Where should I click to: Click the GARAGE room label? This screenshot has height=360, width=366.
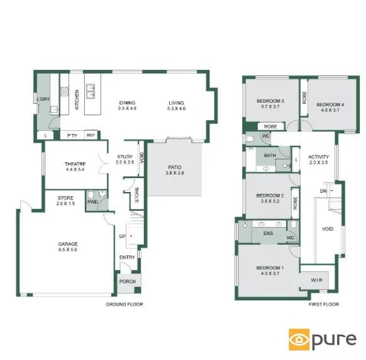[x=67, y=244]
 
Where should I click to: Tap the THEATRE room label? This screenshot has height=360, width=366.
[x=74, y=164]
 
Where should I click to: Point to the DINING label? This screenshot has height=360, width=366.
[x=127, y=103]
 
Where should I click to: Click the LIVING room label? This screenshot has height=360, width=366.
[x=177, y=103]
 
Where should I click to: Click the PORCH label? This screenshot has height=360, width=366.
[x=128, y=281]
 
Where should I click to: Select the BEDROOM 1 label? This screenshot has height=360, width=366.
[x=270, y=269]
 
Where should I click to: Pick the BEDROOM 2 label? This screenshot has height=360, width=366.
[x=270, y=196]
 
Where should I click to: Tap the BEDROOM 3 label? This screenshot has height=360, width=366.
[x=270, y=101]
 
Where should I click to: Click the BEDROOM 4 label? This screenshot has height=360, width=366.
[x=330, y=104]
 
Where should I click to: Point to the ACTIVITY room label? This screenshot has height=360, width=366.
[x=319, y=157]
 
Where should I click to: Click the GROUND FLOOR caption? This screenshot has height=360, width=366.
[x=125, y=305]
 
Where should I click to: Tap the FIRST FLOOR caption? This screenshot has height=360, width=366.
[x=323, y=305]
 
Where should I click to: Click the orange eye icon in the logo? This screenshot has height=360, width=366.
[x=297, y=340]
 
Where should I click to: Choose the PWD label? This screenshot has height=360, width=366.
[x=92, y=202]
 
